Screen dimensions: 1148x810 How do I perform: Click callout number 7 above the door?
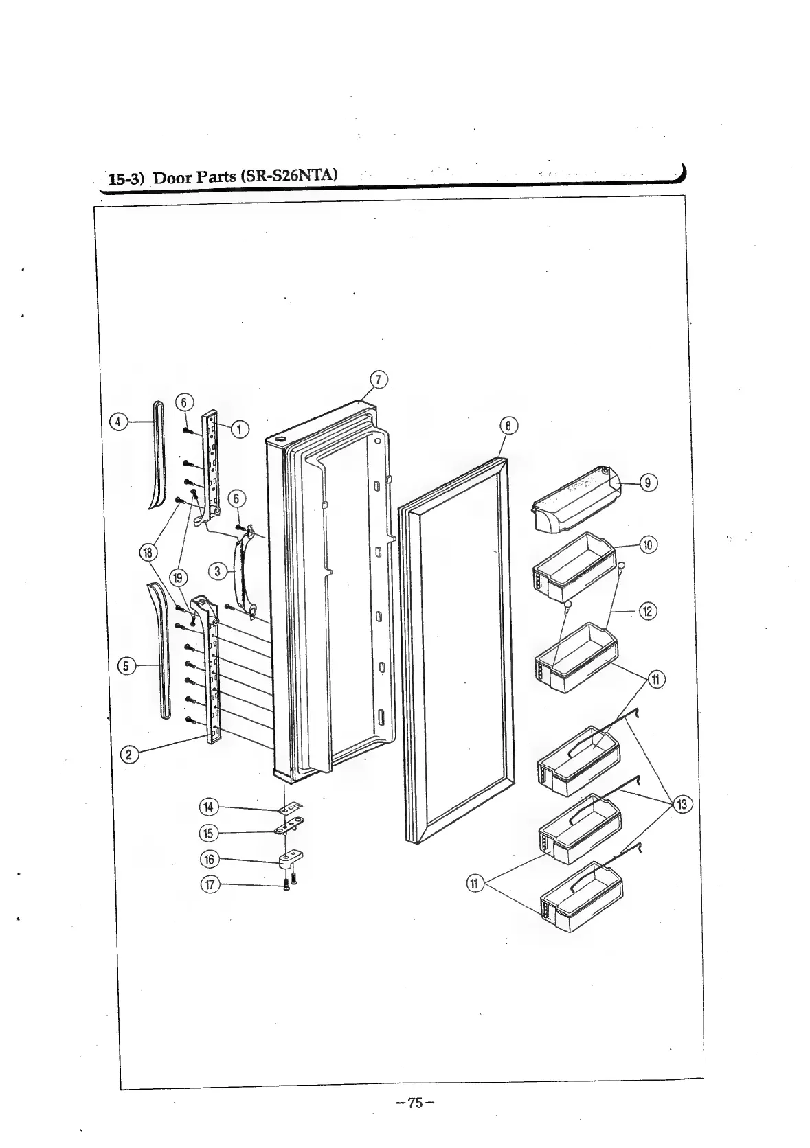(379, 380)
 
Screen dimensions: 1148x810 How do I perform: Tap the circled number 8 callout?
(508, 426)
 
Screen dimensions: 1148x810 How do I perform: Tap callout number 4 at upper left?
(119, 422)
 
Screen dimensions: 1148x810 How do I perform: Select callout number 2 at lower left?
(128, 755)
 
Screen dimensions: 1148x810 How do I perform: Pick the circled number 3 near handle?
(217, 571)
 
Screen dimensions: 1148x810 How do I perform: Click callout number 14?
(209, 807)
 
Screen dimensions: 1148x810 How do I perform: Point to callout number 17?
(209, 884)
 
